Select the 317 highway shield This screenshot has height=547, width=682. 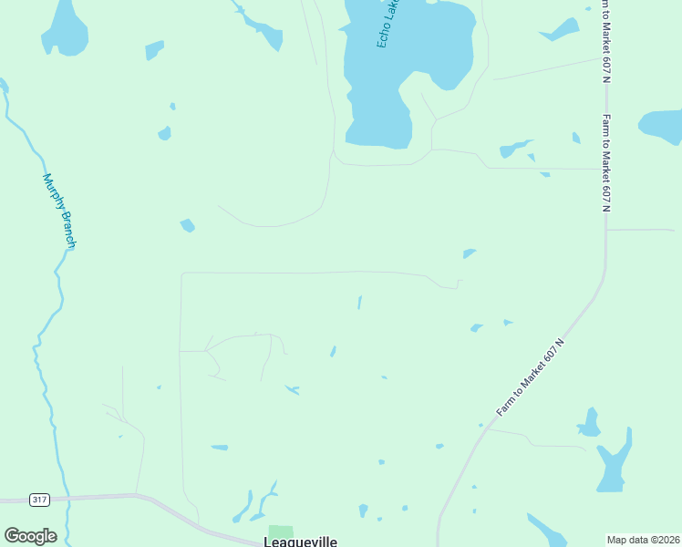click(x=39, y=500)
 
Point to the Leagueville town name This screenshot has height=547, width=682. click(x=300, y=541)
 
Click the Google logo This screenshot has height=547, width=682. click(x=30, y=536)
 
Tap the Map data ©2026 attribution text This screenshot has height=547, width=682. click(x=643, y=540)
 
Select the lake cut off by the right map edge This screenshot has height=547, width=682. click(x=664, y=126)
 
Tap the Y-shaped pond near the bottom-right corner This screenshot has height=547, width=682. click(x=613, y=465)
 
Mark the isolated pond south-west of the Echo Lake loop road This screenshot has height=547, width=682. click(x=188, y=225)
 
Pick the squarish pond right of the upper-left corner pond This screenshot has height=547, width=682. click(x=154, y=49)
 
